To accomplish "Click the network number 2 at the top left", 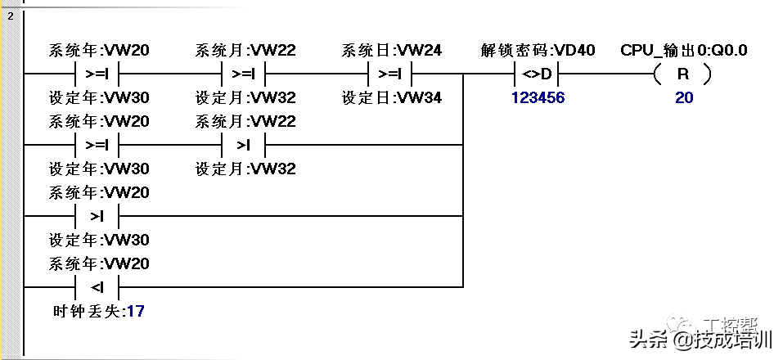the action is (x=11, y=16).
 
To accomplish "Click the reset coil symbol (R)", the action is (x=682, y=74).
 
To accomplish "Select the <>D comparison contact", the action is (x=537, y=74).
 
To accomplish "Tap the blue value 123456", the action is (x=538, y=97).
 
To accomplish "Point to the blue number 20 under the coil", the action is (x=684, y=97).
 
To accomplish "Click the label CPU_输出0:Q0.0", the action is (x=684, y=50).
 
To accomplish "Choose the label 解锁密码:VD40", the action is (x=538, y=50).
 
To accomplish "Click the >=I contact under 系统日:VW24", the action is (x=389, y=74).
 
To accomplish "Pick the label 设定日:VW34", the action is (x=391, y=97).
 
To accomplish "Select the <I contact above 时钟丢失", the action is (x=97, y=287).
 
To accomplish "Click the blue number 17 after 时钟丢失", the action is (x=135, y=312).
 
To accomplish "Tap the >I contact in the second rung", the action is (x=243, y=145).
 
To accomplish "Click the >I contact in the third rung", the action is (x=97, y=216).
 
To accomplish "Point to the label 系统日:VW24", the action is (x=391, y=50).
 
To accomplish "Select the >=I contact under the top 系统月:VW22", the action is (x=243, y=74).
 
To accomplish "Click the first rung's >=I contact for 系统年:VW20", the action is (x=97, y=74).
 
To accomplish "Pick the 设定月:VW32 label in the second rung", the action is (x=245, y=169).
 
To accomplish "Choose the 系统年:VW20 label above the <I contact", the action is (x=99, y=263).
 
